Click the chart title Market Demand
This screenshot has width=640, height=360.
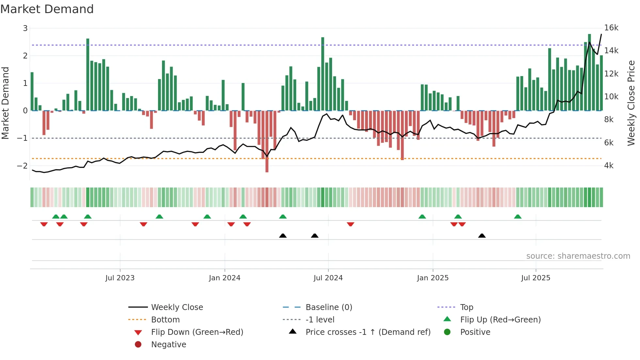(47, 9)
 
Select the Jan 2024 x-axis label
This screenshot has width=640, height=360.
(225, 278)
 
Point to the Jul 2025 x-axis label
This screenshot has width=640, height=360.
(536, 278)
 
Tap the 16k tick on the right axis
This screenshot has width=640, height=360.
(611, 28)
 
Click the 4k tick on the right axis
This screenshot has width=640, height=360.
(609, 166)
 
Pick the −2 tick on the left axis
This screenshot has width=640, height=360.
(23, 166)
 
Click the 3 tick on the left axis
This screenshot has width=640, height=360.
(25, 28)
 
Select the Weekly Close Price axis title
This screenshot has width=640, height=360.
(631, 103)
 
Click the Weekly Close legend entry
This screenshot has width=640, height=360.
(177, 307)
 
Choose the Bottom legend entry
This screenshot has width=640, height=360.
(165, 320)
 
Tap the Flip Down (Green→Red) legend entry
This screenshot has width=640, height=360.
(197, 332)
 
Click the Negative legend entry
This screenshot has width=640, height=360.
(168, 345)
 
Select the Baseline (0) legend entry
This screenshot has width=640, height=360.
(328, 307)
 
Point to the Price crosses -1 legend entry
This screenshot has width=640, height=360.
(368, 332)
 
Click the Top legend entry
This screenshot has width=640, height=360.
(466, 307)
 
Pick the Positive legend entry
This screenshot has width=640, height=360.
(475, 332)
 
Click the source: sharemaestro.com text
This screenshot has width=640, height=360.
(578, 256)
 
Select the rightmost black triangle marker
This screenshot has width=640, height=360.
(482, 236)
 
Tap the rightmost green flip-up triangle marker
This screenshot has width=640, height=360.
(518, 217)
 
